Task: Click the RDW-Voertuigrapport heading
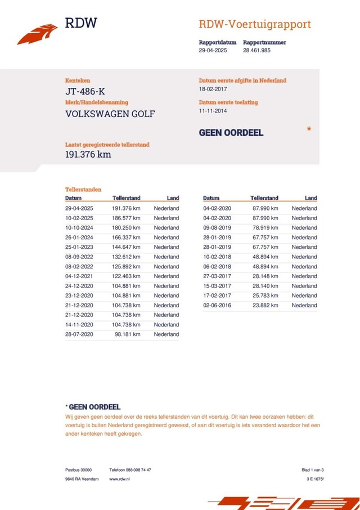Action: point(254,24)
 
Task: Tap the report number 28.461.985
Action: point(256,51)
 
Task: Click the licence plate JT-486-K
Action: point(85,92)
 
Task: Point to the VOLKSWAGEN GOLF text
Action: point(110,114)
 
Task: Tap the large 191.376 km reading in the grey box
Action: point(88,154)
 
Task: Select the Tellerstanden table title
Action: point(83,190)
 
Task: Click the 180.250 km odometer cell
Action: point(127,228)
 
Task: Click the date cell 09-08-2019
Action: point(217,228)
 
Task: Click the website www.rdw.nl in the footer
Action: point(120,478)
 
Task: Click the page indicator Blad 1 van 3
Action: point(313,469)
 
